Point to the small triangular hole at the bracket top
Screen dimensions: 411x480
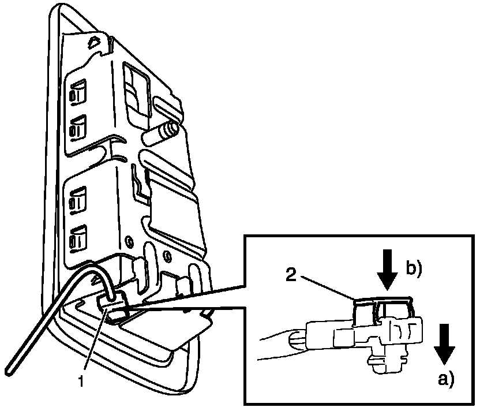pos(93,42)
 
